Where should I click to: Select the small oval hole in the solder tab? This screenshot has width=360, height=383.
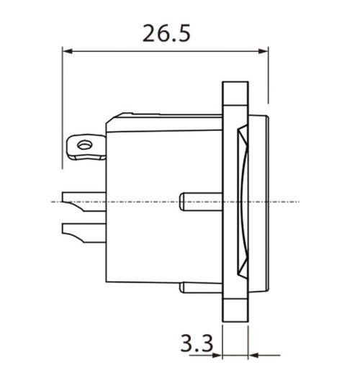(84, 146)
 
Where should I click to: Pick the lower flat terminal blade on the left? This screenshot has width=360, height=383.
(84, 231)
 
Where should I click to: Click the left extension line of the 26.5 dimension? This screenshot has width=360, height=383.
(63, 108)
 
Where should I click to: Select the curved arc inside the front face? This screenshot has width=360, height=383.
(246, 202)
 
